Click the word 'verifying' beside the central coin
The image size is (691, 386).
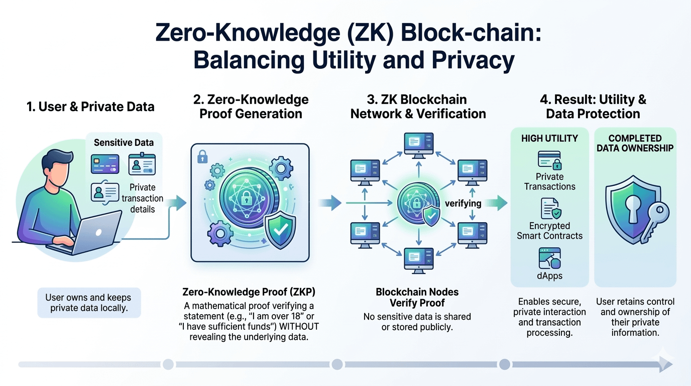(463, 204)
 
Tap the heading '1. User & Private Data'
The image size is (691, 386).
(90, 107)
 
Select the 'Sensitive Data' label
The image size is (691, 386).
(124, 143)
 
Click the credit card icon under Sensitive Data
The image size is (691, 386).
(104, 164)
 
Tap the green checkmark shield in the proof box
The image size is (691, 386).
(278, 231)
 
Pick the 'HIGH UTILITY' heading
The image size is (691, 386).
(549, 138)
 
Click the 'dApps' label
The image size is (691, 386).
(550, 275)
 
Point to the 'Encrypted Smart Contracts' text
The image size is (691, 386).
(550, 231)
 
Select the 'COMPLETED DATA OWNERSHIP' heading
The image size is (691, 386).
(635, 143)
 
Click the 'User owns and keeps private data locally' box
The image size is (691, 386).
(89, 303)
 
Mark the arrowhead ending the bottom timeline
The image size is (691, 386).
(666, 364)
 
